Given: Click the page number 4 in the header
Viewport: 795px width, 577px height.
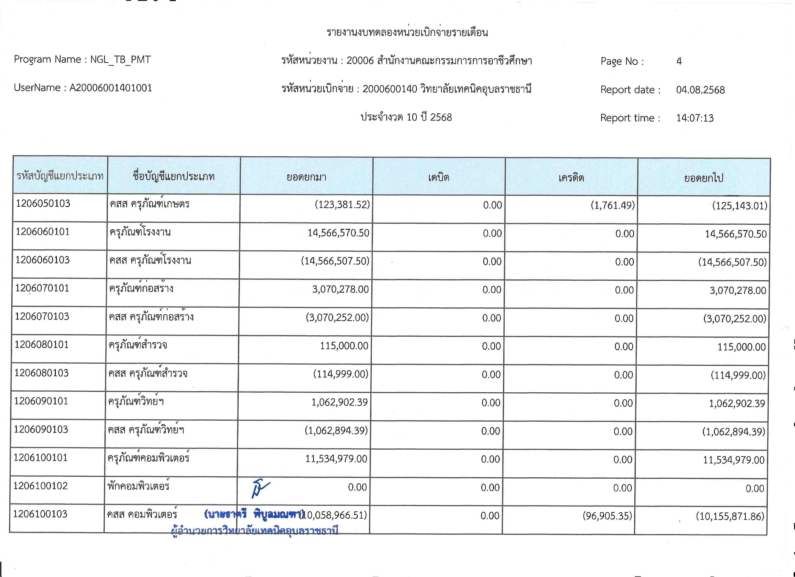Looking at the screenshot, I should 679,61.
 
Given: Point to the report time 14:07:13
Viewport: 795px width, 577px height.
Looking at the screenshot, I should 695,118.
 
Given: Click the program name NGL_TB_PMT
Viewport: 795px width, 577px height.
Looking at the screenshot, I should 120,60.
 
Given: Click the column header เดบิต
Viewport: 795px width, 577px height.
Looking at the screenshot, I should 439,177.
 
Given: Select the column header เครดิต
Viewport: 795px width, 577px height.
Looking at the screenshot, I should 571,178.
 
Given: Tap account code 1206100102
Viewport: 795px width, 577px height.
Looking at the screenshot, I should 40,486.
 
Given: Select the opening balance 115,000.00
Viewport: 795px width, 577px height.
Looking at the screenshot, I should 344,346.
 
